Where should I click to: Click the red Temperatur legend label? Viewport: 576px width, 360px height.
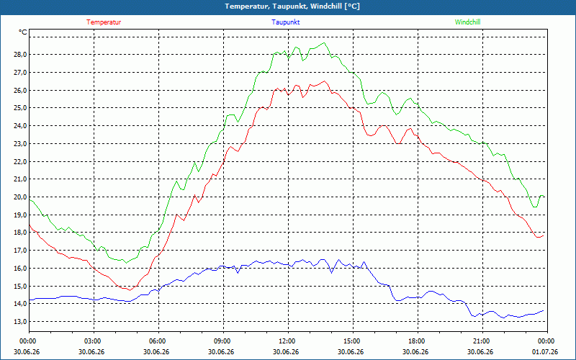[104, 22]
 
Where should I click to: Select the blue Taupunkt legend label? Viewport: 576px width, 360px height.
[285, 22]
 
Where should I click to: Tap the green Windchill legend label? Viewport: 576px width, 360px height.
[467, 22]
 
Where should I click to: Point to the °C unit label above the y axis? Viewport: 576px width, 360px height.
[23, 32]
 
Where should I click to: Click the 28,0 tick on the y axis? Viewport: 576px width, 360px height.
[20, 55]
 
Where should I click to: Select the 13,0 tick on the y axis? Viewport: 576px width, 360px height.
[20, 322]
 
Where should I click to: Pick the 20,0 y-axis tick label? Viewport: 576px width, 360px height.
[20, 197]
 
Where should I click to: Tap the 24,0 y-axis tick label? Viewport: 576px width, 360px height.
[20, 126]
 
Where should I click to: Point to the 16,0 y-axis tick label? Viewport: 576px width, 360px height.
[20, 268]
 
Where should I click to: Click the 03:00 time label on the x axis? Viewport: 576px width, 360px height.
[92, 341]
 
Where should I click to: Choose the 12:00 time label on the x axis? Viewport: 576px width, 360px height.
[287, 341]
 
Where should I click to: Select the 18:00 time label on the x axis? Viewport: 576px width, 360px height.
[417, 341]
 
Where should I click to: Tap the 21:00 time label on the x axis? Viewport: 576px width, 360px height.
[481, 341]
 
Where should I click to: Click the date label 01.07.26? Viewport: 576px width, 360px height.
[545, 352]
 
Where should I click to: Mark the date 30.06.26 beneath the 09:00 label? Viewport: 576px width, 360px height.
[221, 352]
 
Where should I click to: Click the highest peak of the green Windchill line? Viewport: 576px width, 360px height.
[323, 42]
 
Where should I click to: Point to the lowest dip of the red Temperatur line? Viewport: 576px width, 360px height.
[130, 291]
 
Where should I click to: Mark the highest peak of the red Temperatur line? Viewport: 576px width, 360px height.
[324, 81]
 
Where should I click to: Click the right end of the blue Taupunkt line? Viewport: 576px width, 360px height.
[544, 311]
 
